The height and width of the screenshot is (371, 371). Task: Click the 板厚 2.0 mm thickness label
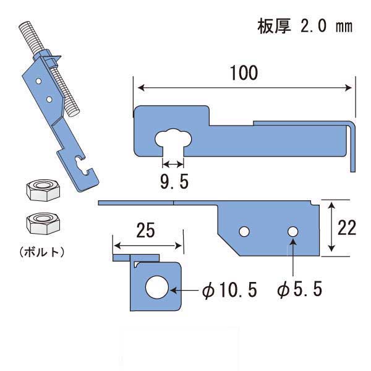[304, 27]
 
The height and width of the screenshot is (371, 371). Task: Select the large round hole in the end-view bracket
[157, 289]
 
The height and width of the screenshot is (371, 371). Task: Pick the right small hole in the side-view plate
[292, 231]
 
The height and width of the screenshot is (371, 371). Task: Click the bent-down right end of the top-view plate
[352, 145]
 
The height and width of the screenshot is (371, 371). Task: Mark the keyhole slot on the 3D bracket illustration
[80, 164]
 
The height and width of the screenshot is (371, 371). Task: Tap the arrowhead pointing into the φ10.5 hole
[176, 289]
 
